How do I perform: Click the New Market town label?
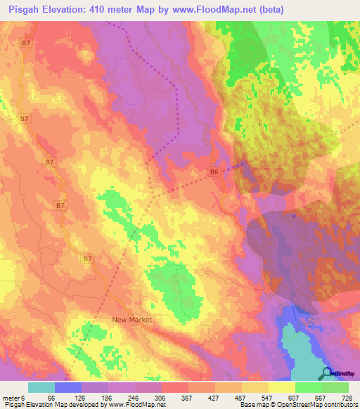pyautogui.click(x=132, y=319)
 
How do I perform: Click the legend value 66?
pyautogui.click(x=51, y=397)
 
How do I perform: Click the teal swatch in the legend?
pyautogui.click(x=41, y=387)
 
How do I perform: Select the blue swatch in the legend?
pyautogui.click(x=68, y=387)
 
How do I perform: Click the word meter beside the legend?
pyautogui.click(x=12, y=397)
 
